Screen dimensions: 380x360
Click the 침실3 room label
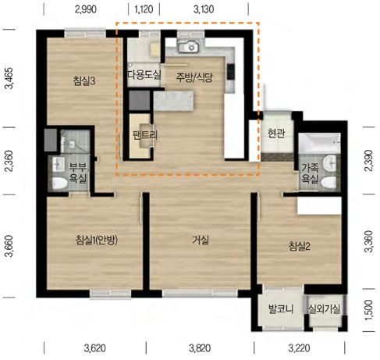(x=84, y=81)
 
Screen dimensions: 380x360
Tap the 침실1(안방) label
(x=96, y=240)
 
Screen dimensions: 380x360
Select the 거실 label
(x=201, y=240)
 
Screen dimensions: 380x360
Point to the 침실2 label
(x=299, y=246)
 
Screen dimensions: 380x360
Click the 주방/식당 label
(x=194, y=77)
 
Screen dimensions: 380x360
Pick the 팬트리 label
(x=144, y=134)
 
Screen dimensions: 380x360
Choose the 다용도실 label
(x=144, y=75)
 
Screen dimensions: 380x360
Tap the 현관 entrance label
(x=276, y=134)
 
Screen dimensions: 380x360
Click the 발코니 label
(x=281, y=309)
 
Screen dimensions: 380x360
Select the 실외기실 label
(x=324, y=309)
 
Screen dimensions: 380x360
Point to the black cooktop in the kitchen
(x=230, y=72)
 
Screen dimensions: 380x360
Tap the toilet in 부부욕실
(x=59, y=184)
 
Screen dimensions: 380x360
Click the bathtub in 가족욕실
(x=319, y=143)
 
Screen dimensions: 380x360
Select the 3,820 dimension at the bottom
(x=200, y=348)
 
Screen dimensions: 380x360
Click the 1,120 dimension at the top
(x=144, y=9)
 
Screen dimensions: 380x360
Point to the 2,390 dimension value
(x=369, y=161)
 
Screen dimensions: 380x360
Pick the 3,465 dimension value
(x=10, y=78)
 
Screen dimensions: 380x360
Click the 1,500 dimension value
(x=369, y=310)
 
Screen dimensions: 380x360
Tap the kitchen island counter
(x=173, y=101)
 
